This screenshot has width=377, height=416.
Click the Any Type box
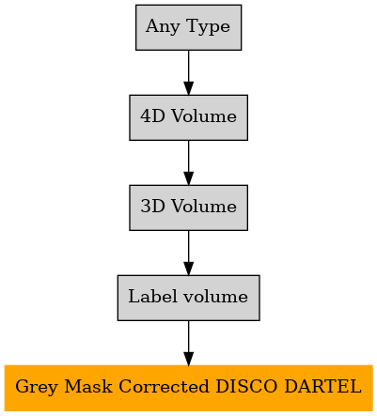pyautogui.click(x=188, y=27)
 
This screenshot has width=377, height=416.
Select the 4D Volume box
pyautogui.click(x=188, y=117)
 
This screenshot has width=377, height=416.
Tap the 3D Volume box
pyautogui.click(x=188, y=208)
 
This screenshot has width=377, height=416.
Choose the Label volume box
pyautogui.click(x=188, y=298)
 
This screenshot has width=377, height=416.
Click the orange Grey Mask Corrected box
pyautogui.click(x=188, y=388)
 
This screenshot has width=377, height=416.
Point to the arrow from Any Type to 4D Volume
pyautogui.click(x=188, y=72)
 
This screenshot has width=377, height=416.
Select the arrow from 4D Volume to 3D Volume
pyautogui.click(x=188, y=162)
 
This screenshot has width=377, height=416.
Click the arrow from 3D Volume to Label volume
pyautogui.click(x=188, y=253)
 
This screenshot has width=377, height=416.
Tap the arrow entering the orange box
pyautogui.click(x=188, y=343)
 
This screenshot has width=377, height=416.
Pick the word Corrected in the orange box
pyautogui.click(x=164, y=386)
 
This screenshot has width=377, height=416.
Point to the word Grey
pyautogui.click(x=37, y=388)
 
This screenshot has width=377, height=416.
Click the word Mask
pyautogui.click(x=88, y=386)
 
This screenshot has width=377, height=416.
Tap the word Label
pyautogui.click(x=152, y=296)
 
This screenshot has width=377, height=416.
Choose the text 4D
pyautogui.click(x=152, y=116)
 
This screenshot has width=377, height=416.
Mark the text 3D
pyautogui.click(x=152, y=206)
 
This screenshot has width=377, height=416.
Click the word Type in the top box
pyautogui.click(x=208, y=27)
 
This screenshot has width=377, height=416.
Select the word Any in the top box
pyautogui.click(x=163, y=27)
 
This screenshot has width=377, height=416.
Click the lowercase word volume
pyautogui.click(x=215, y=296)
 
